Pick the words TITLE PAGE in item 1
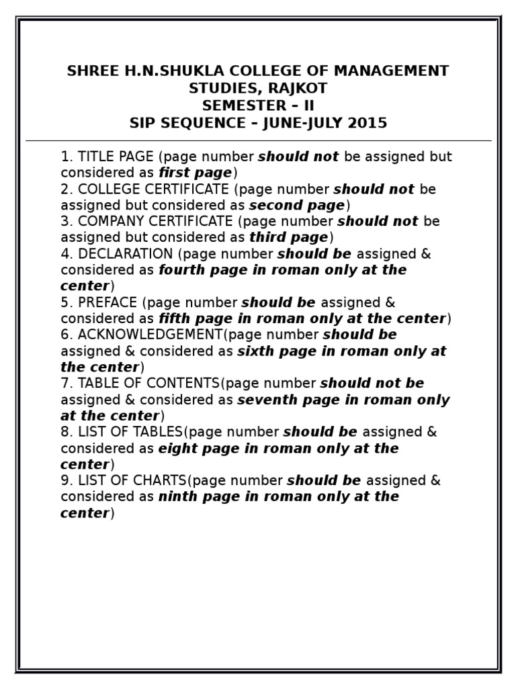pyautogui.click(x=116, y=157)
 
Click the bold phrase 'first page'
pyautogui.click(x=195, y=173)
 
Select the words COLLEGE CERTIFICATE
pyautogui.click(x=154, y=189)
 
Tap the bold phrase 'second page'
pyautogui.click(x=296, y=205)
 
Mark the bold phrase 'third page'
pyautogui.click(x=288, y=237)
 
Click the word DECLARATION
pyautogui.click(x=126, y=254)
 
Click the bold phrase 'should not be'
pyautogui.click(x=372, y=383)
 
